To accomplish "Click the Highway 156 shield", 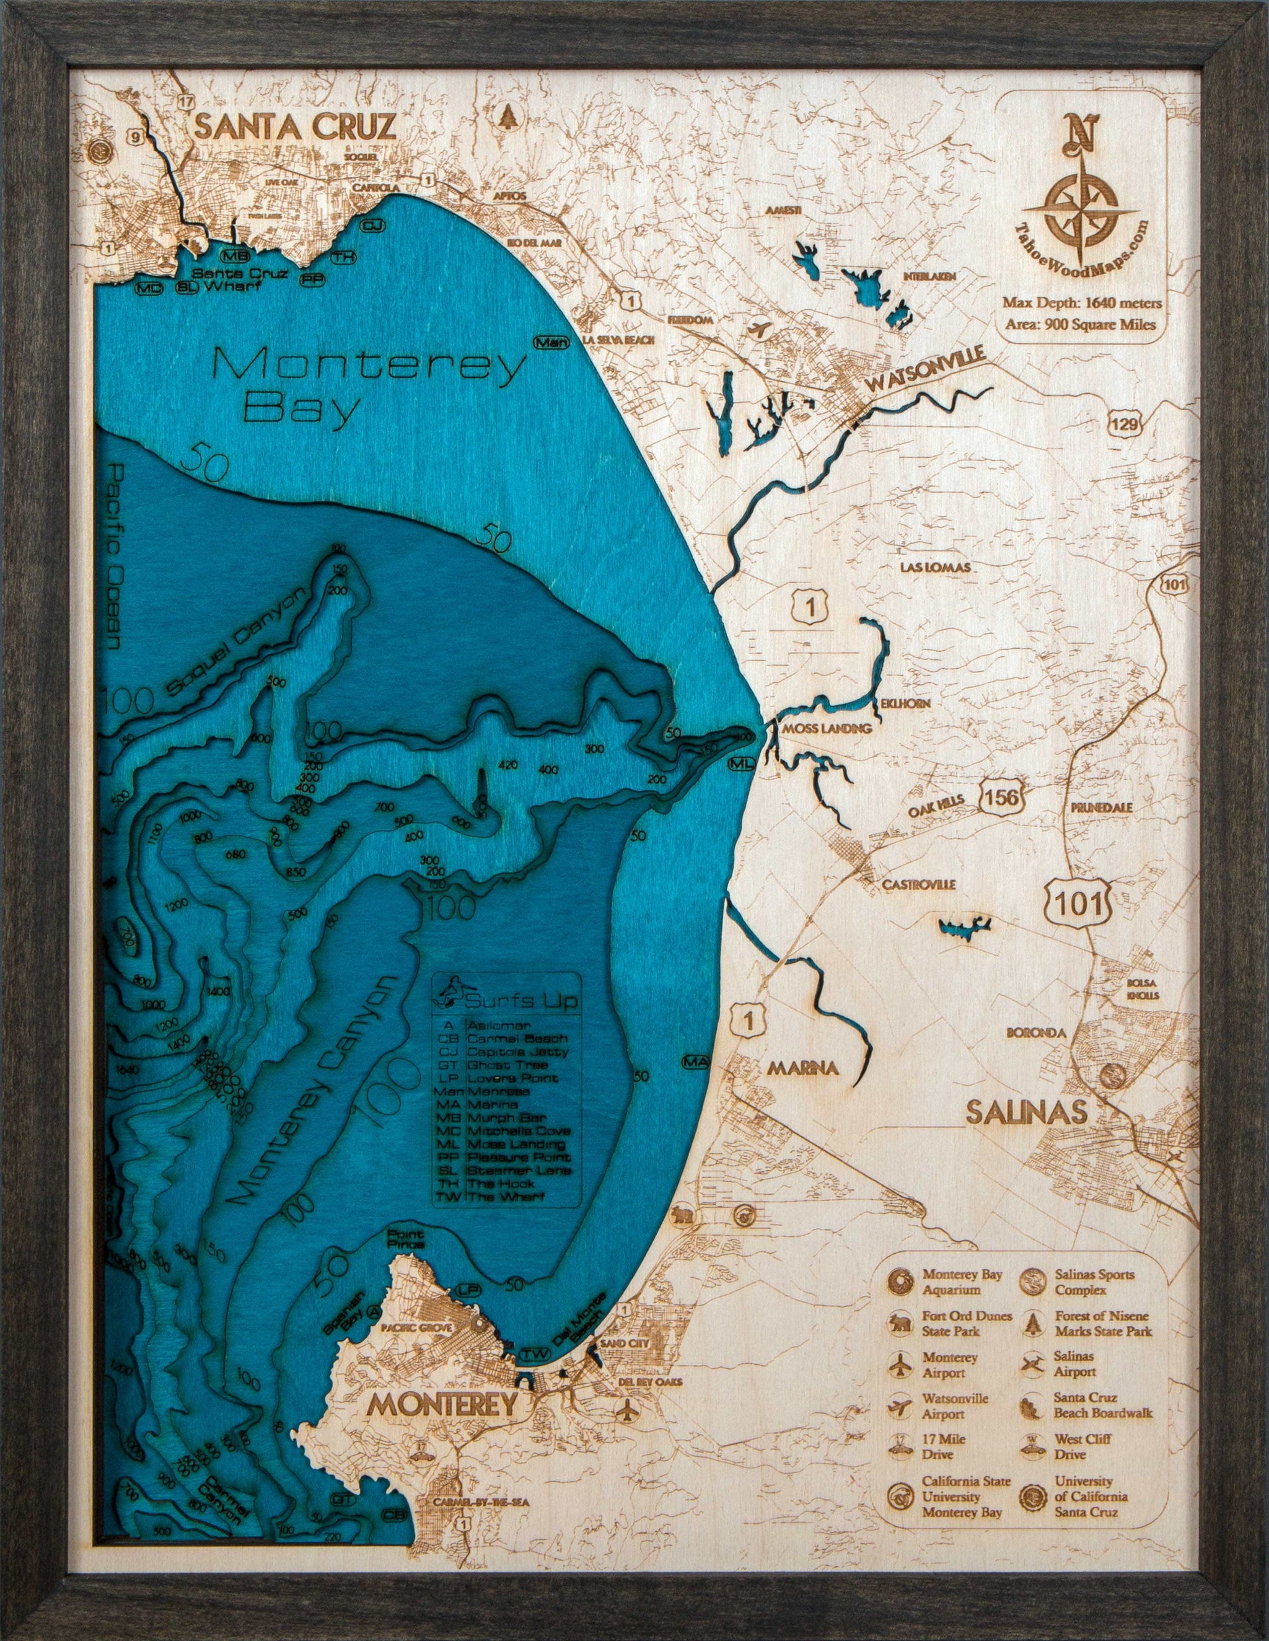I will (x=1003, y=798).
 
